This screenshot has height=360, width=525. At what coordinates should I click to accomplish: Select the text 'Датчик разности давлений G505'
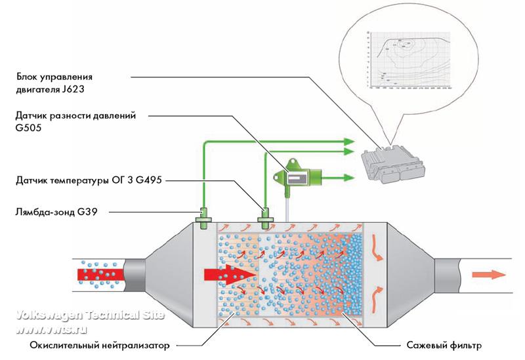(x=75, y=122)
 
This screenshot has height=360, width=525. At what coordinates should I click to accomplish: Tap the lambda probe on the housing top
(x=203, y=214)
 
